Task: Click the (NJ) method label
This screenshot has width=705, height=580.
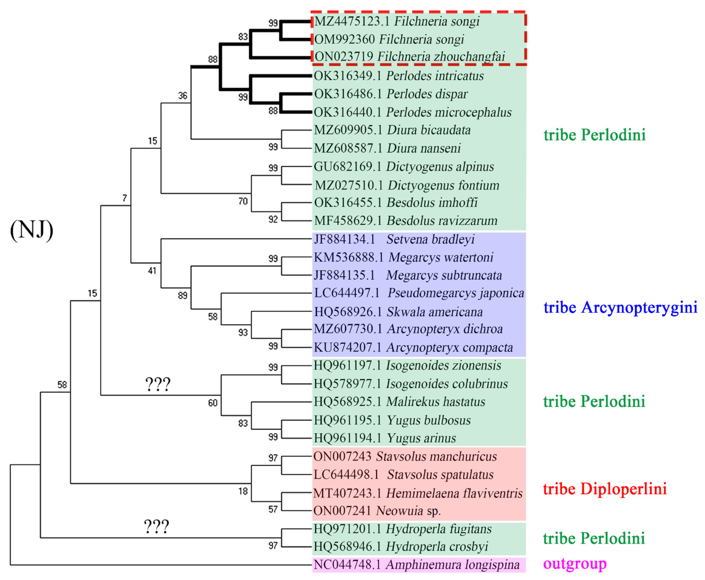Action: point(32,230)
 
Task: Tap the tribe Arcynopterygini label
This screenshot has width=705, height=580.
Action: point(620,307)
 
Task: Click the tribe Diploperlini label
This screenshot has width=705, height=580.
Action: point(605,489)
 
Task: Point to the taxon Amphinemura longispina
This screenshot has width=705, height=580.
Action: point(452,565)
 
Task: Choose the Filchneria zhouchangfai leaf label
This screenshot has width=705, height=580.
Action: point(441,57)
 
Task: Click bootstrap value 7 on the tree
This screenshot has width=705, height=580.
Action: point(125,198)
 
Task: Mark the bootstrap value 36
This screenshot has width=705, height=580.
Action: point(182,96)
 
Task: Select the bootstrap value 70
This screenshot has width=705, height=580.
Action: point(243,201)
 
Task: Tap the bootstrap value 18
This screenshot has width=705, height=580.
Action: point(243,491)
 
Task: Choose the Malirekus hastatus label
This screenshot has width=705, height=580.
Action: point(436,402)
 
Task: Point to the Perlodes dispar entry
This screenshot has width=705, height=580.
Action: point(427,94)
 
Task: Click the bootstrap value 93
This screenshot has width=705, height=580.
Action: point(243,332)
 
